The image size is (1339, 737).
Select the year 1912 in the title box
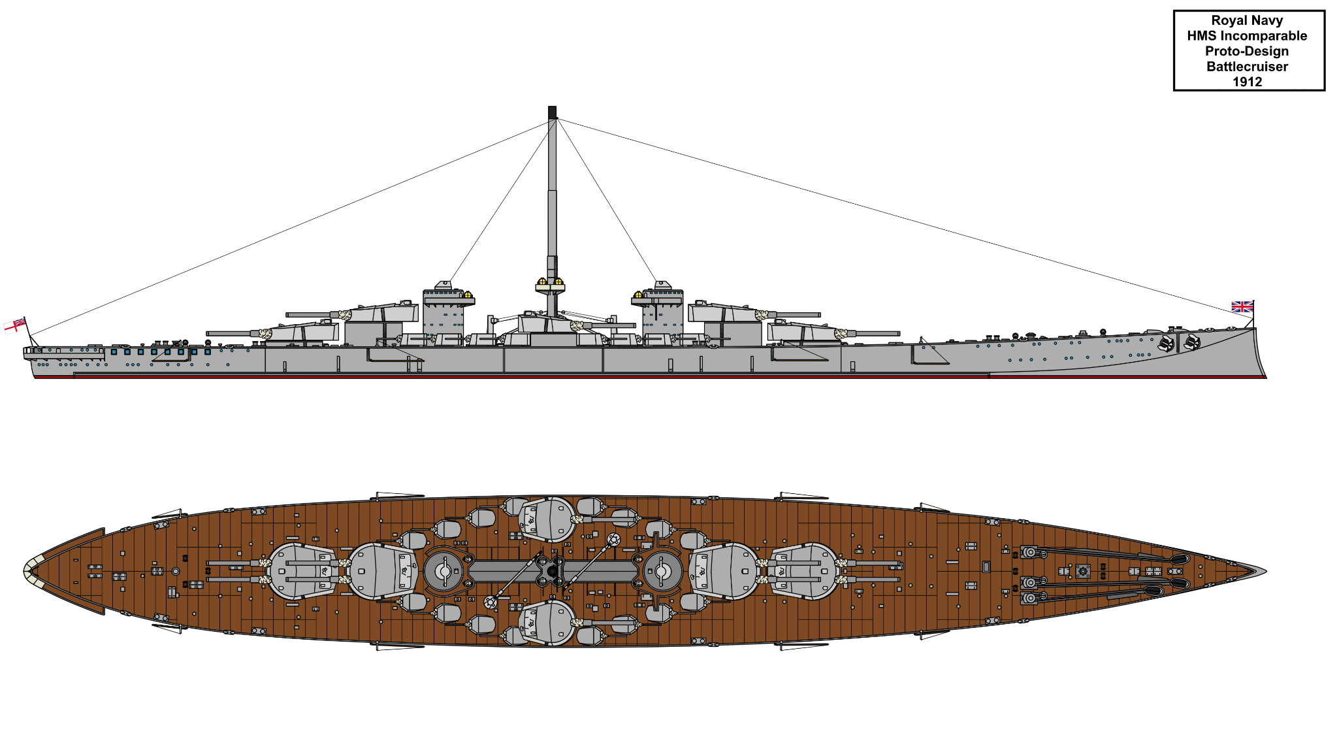(1247, 82)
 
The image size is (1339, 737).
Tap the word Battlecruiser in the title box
(1247, 67)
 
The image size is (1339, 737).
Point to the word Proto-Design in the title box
(1247, 51)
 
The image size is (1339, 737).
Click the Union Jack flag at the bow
(1242, 306)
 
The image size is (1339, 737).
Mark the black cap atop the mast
(552, 112)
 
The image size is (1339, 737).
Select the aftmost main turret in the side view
(304, 332)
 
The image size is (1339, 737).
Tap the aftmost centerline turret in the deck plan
(302, 571)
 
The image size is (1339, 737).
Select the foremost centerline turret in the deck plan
(805, 571)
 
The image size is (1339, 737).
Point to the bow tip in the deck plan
(1264, 571)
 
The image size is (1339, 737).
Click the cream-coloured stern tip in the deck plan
(29, 571)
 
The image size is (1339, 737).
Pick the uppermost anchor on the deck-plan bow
(1179, 559)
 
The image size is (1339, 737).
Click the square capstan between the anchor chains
(1083, 572)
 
